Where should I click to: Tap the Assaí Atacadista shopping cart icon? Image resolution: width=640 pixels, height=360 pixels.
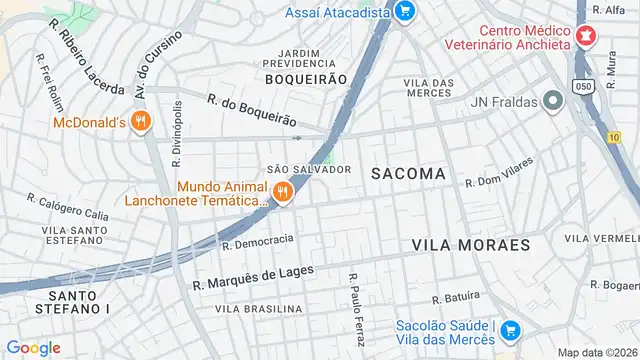[404, 11]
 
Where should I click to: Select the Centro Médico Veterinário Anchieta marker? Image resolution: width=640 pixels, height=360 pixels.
[586, 39]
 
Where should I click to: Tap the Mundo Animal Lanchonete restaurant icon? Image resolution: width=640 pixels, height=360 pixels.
[284, 192]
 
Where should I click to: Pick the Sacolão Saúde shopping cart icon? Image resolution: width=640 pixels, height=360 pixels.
[511, 330]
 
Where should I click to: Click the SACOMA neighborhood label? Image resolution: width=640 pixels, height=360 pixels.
[408, 173]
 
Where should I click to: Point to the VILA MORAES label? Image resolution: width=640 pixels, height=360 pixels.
[470, 244]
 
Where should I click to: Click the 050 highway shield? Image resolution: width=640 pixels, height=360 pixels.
[581, 88]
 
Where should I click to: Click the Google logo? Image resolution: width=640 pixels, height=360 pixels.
[33, 347]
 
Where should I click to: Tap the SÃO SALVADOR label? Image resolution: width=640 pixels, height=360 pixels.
[309, 169]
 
